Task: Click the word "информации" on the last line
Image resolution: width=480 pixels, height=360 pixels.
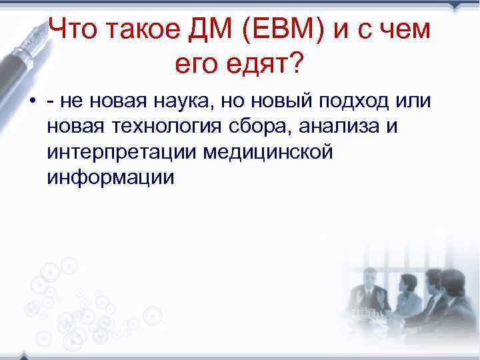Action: click(x=110, y=178)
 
